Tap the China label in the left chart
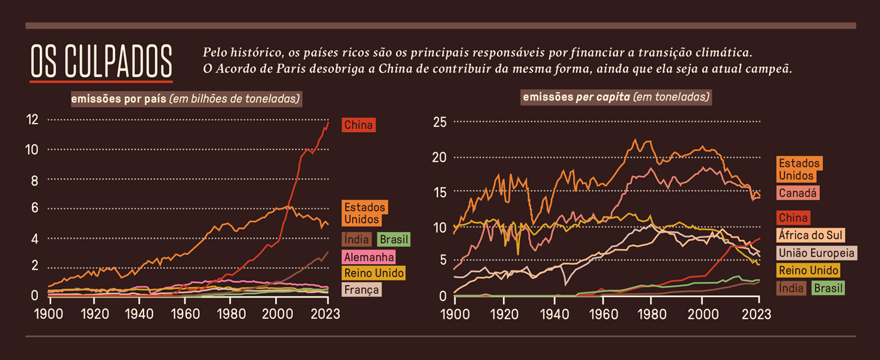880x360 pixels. (359, 125)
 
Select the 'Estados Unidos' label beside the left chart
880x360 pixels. (365, 213)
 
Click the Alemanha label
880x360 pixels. (369, 257)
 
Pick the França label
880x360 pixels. (361, 289)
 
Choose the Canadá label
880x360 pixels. (798, 193)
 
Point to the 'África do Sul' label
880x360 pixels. (810, 235)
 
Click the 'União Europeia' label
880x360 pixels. (816, 253)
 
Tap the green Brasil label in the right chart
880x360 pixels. (828, 288)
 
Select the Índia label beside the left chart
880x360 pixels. (356, 239)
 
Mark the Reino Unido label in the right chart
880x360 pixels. (809, 270)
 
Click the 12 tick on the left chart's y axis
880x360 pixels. (32, 119)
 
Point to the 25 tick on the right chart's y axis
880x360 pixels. (440, 122)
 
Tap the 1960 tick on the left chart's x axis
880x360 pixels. (185, 314)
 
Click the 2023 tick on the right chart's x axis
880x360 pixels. (756, 314)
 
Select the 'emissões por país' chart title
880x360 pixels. (186, 99)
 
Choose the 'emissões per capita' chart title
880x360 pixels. (616, 97)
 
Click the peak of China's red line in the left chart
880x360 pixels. (328, 123)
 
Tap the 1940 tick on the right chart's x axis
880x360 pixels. (554, 314)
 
